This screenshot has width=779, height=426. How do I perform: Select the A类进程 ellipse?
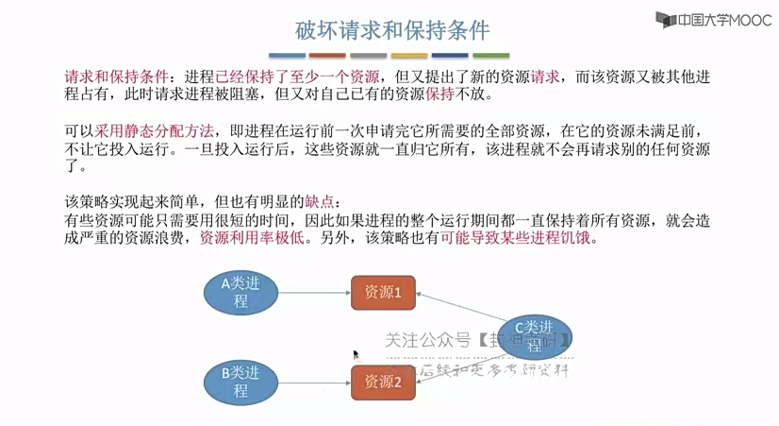(240, 292)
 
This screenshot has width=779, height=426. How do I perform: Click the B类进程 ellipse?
(240, 382)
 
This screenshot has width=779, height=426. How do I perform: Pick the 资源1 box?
(383, 293)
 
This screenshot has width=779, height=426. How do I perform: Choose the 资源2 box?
(383, 383)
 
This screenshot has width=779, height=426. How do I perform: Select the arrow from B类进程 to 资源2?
(313, 383)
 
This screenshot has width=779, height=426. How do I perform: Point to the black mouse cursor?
(356, 355)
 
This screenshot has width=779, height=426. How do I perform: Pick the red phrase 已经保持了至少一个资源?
(297, 77)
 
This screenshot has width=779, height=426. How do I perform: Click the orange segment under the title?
(327, 56)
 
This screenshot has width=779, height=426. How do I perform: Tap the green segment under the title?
(491, 56)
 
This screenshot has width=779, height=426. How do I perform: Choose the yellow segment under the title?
(409, 56)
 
